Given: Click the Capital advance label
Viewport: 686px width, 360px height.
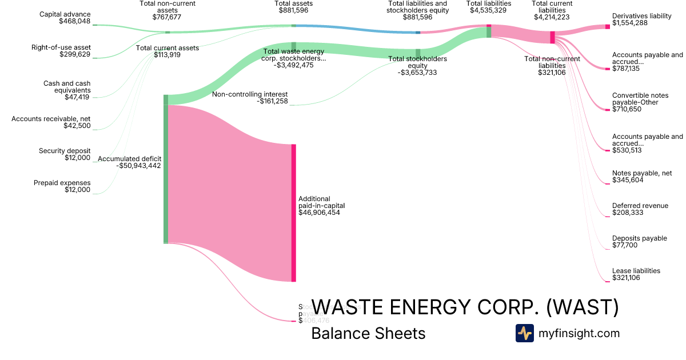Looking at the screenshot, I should pyautogui.click(x=66, y=14).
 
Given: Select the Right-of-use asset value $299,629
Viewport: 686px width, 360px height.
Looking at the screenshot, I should pyautogui.click(x=74, y=54).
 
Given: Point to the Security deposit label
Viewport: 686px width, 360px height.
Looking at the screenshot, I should pyautogui.click(x=65, y=151).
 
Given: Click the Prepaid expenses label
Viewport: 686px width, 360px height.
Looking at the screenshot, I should pyautogui.click(x=62, y=183).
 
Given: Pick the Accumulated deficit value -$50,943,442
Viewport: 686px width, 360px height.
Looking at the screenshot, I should pyautogui.click(x=138, y=166).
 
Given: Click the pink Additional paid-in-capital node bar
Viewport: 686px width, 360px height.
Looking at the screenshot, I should pyautogui.click(x=293, y=213).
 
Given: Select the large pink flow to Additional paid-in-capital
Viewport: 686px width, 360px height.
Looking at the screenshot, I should pyautogui.click(x=229, y=189).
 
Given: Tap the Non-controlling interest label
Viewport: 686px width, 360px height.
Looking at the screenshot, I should pyautogui.click(x=250, y=94).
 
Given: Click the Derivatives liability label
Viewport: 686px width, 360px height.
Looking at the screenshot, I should pyautogui.click(x=641, y=16).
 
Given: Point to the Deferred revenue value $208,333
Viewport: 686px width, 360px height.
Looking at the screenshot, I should pyautogui.click(x=627, y=213).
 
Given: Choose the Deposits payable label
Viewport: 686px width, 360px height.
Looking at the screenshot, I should pyautogui.click(x=639, y=238).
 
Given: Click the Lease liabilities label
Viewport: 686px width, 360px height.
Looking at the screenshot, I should pyautogui.click(x=636, y=271).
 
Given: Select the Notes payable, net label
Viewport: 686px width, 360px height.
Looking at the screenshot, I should pyautogui.click(x=641, y=173).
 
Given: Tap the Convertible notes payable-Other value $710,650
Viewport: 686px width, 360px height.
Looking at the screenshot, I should pyautogui.click(x=627, y=109).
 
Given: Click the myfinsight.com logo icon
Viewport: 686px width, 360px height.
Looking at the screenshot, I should pyautogui.click(x=524, y=333).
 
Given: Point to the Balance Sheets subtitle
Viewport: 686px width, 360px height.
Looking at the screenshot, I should pyautogui.click(x=368, y=333).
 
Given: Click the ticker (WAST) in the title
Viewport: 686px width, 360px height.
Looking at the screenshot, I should pyautogui.click(x=583, y=307).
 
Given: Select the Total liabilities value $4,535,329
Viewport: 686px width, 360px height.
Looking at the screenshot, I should pyautogui.click(x=489, y=10).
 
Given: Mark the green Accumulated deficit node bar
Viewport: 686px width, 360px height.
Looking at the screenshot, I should pyautogui.click(x=166, y=171).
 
